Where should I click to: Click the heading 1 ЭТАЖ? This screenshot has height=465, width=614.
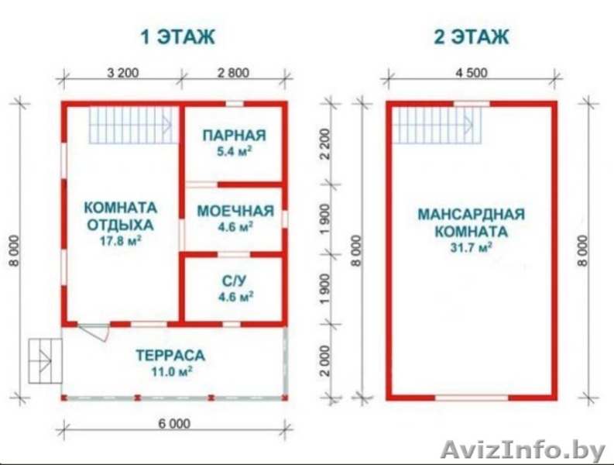pos(177,36)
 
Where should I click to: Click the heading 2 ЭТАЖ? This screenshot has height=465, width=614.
pos(471,36)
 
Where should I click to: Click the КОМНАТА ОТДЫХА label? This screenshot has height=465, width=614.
pos(120,216)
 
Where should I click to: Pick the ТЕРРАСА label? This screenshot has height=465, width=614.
pos(170,356)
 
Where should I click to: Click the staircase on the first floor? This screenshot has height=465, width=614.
pos(129,123)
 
